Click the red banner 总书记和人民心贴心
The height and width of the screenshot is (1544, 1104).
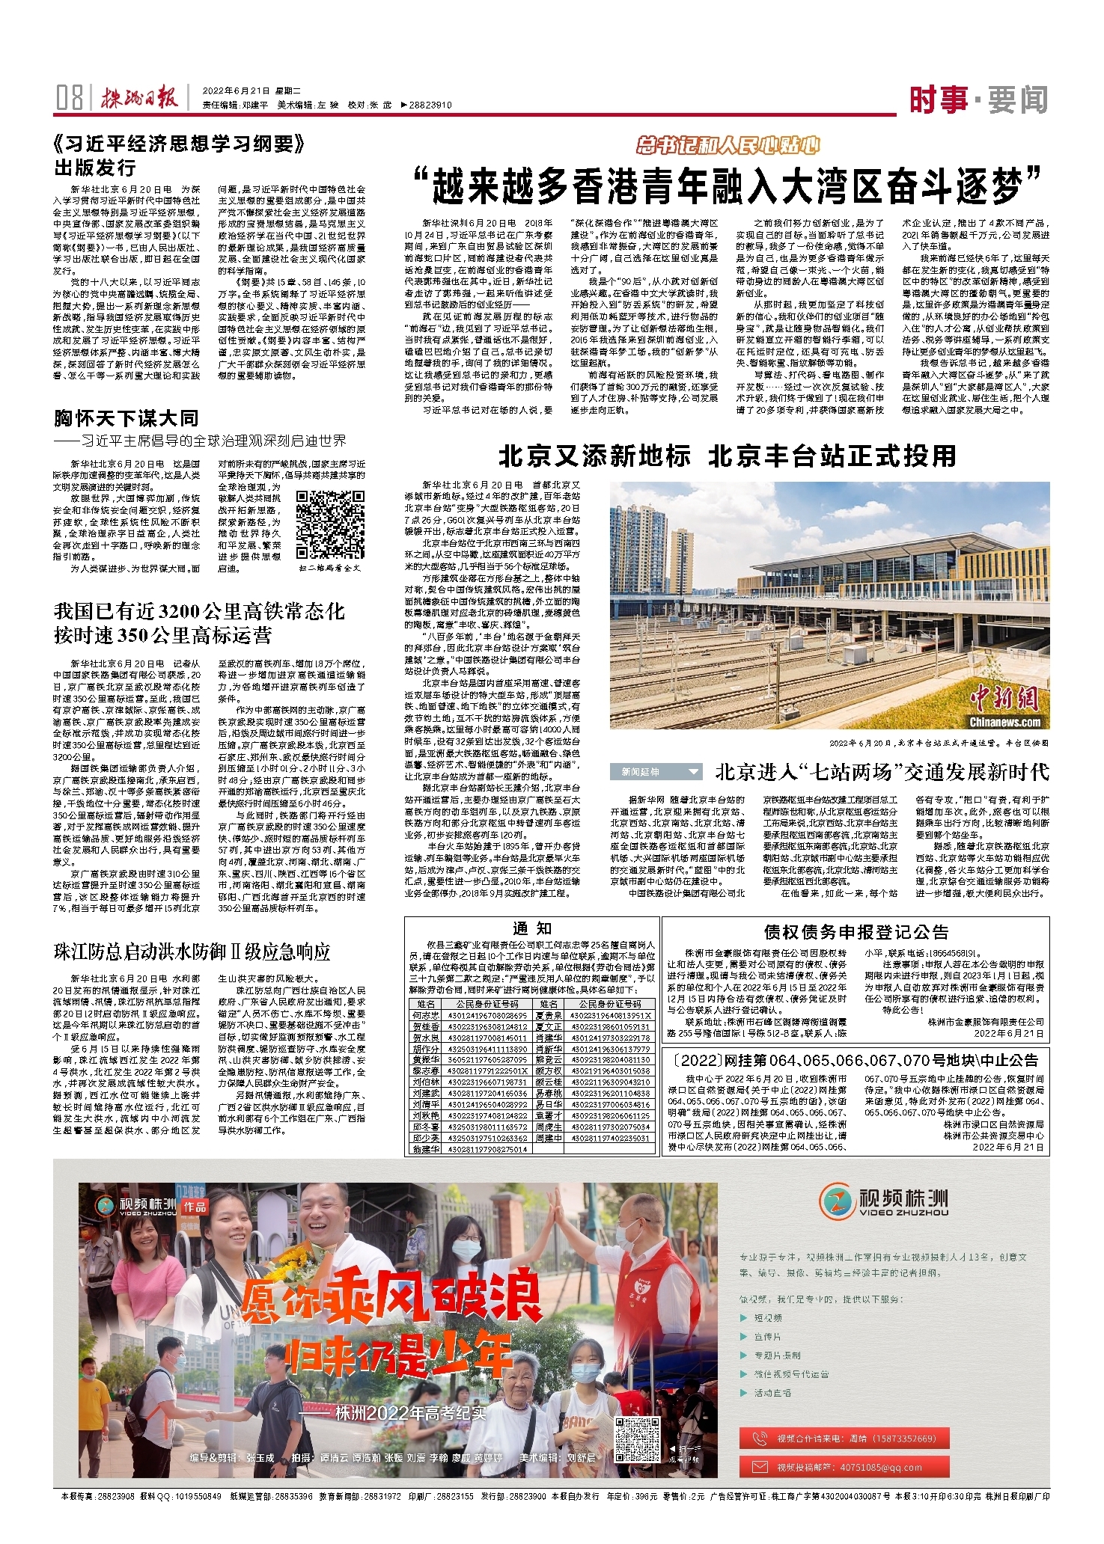[x=728, y=145]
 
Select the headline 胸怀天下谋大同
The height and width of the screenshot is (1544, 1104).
[x=126, y=417]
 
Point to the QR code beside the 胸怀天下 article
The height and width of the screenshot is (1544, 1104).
[x=330, y=524]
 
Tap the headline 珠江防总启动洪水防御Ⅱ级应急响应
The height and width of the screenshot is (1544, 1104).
[x=192, y=952]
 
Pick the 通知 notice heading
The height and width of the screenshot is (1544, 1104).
[x=532, y=928]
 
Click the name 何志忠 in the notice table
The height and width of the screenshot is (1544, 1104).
[x=425, y=1015]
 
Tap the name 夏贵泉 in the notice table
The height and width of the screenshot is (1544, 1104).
[x=549, y=1015]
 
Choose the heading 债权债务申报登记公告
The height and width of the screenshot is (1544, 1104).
[x=856, y=931]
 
